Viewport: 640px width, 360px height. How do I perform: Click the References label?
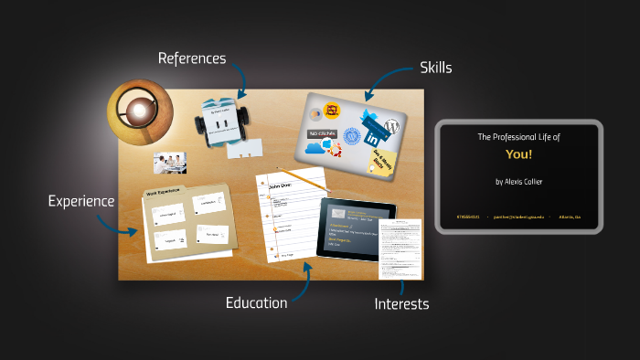point(191,58)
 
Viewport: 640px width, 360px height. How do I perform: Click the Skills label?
point(435,68)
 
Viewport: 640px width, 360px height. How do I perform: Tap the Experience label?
point(81,201)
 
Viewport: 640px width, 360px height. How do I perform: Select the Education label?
point(256,302)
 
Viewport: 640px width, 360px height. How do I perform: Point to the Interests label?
point(401,304)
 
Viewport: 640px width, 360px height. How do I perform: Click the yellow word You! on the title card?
point(518,154)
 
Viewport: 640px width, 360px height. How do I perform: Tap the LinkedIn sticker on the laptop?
point(374,140)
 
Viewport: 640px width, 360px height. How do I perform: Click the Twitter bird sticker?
point(370,119)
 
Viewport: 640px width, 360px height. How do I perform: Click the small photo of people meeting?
point(171,163)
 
